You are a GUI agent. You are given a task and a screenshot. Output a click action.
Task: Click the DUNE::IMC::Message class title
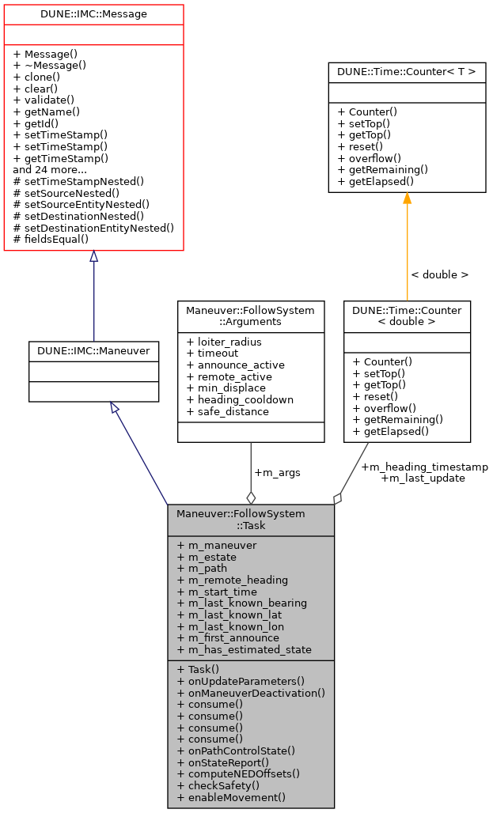93,13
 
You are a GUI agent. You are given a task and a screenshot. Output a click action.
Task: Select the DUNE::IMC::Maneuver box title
93,350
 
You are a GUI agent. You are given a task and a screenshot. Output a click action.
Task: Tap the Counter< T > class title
407,72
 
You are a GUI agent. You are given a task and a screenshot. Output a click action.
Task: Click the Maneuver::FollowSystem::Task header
250,520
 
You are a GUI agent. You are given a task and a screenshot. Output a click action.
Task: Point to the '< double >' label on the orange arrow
439,274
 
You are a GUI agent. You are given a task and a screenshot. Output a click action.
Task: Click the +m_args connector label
277,472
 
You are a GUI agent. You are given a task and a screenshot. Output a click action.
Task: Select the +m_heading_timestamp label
424,467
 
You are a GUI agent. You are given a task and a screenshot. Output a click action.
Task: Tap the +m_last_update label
423,478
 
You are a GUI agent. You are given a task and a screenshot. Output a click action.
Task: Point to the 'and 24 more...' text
50,169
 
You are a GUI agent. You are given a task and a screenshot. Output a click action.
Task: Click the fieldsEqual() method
51,238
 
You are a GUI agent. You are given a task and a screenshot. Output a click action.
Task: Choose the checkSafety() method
218,785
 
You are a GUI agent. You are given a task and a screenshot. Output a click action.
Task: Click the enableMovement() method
231,797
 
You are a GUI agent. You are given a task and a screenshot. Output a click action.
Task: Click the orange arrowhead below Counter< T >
407,199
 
